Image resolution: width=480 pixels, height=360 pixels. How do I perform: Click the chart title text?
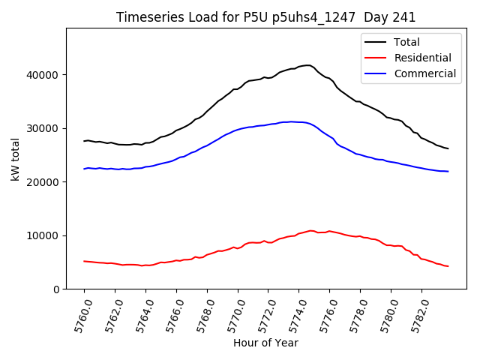265,17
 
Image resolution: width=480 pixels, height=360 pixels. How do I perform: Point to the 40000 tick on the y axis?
44,75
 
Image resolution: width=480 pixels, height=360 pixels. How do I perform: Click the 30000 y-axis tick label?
44,128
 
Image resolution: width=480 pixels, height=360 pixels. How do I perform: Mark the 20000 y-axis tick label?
44,182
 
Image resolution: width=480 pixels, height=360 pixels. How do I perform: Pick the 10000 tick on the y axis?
44,235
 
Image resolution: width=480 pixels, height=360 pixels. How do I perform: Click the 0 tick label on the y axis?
55,289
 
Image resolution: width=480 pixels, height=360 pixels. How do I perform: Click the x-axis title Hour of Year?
265,343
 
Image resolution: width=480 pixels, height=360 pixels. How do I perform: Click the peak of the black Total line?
307,65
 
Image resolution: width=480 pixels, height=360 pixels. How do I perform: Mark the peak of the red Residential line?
310,230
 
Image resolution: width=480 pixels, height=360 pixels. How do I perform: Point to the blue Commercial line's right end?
448,171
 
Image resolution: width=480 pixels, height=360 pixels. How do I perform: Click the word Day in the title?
372,17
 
